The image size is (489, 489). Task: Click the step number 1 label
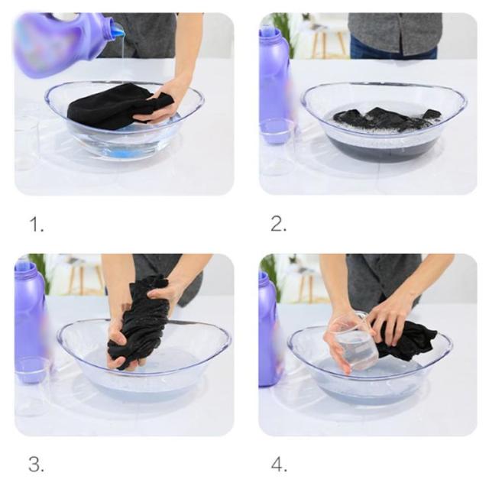pos(37,225)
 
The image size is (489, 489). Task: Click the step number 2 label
pos(278,224)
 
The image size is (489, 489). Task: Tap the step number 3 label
pos(36,465)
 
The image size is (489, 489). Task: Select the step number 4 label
pos(279,465)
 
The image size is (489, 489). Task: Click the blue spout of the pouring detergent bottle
pos(118,31)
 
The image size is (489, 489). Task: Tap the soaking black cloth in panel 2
pos(387,119)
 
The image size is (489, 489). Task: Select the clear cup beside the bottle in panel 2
pos(277,147)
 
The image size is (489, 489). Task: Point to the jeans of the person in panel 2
pos(392,49)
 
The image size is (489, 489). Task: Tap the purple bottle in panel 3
pos(31,321)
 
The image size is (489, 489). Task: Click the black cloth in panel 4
pos(406,340)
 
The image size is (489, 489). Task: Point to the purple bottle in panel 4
pos(270,331)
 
